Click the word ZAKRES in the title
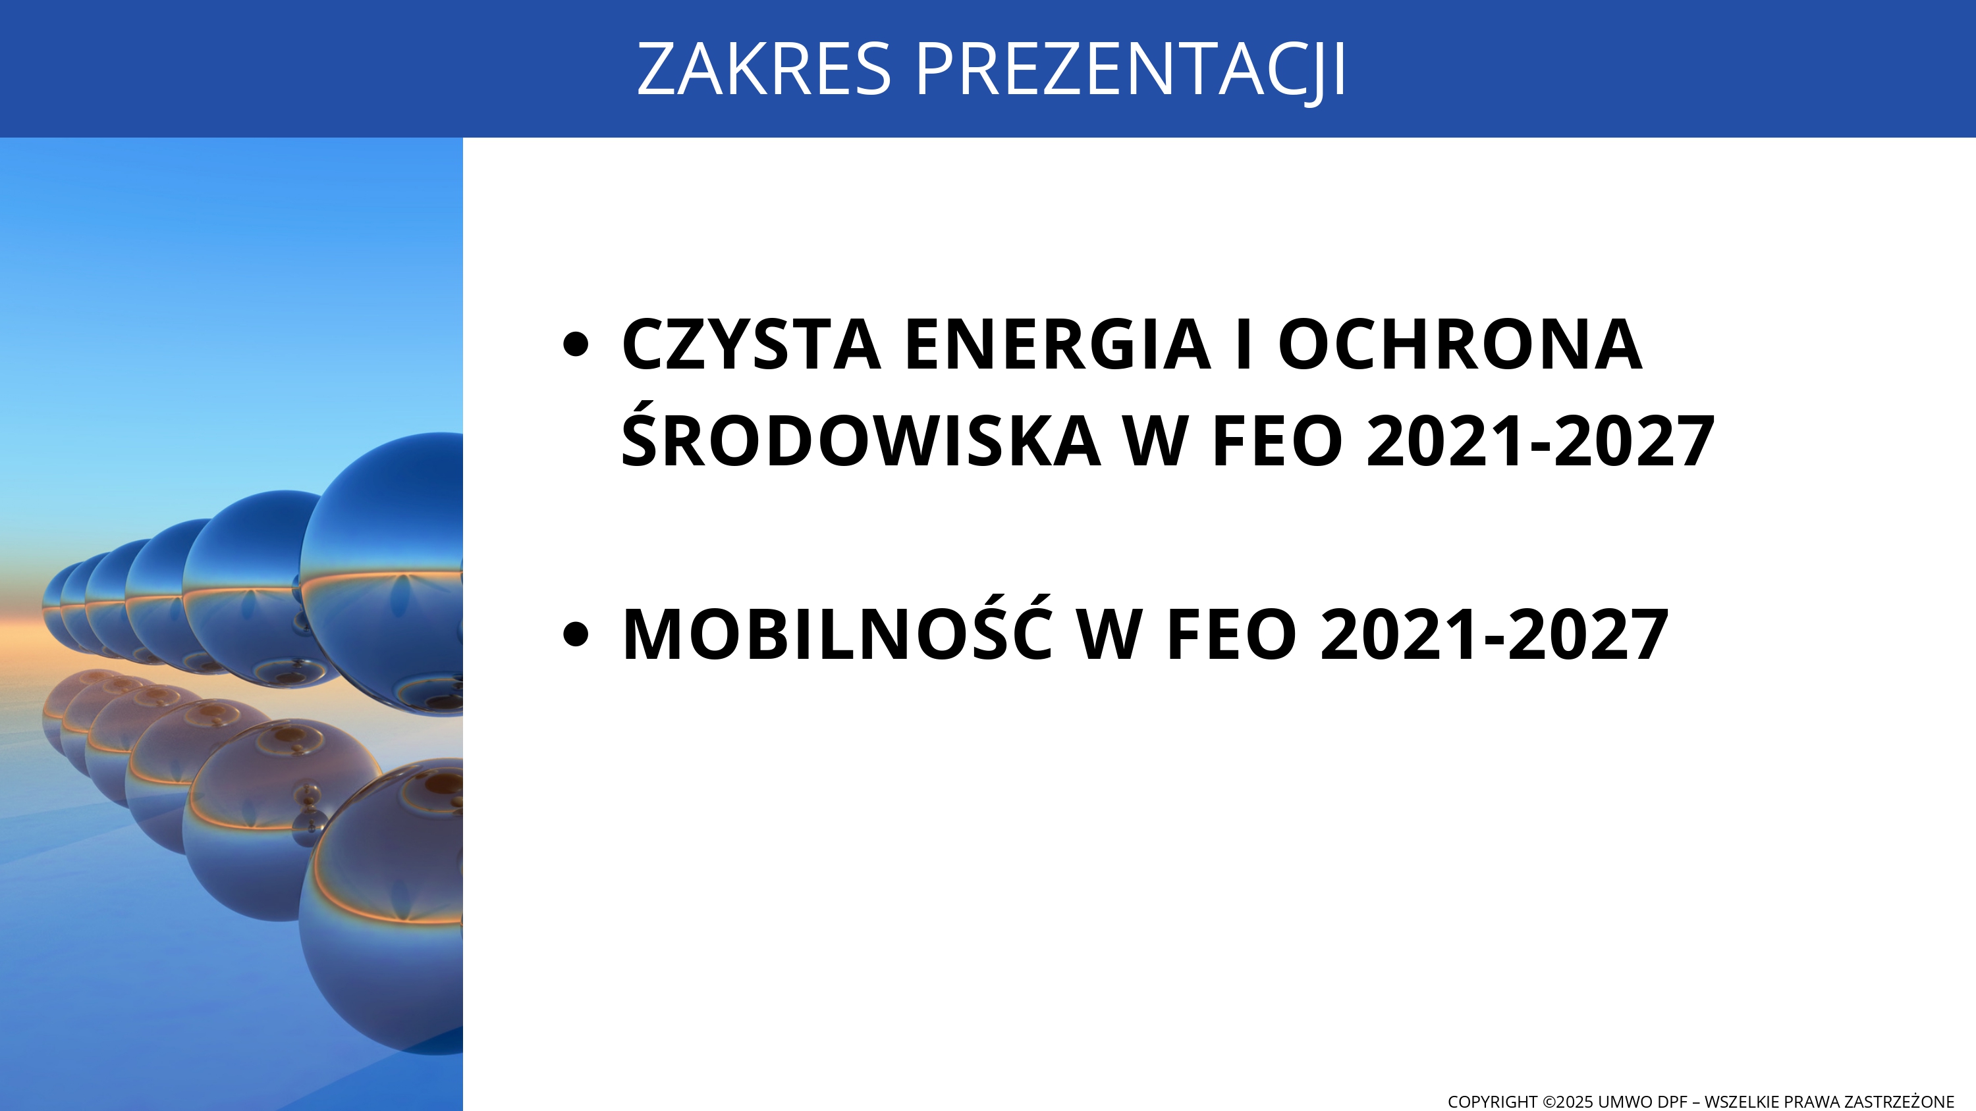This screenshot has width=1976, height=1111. pos(764,69)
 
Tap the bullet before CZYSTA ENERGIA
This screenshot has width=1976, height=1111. pos(575,344)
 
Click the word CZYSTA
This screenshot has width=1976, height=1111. pos(751,344)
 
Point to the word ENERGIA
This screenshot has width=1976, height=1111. pos(1058,344)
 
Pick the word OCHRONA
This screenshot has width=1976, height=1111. pos(1460,344)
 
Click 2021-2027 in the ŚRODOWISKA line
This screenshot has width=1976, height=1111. pos(1541,441)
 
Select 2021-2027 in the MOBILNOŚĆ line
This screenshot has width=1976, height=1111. pos(1495,634)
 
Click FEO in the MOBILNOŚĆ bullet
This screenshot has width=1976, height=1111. pos(1231,634)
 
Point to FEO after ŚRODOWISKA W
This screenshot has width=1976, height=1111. pos(1277,441)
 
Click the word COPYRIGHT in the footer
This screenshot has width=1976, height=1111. pos(1492,1102)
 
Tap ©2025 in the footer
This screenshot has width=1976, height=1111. pos(1568,1102)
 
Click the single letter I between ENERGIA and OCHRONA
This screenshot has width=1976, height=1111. pos(1244,344)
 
